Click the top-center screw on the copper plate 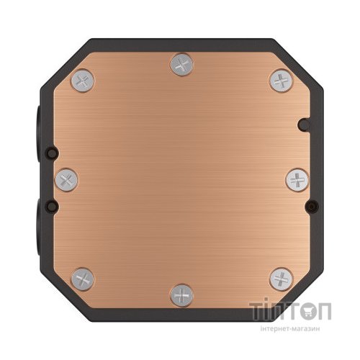pyautogui.click(x=180, y=66)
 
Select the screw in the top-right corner pyautogui.click(x=279, y=80)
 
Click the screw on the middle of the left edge pyautogui.click(x=66, y=179)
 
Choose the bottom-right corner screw pyautogui.click(x=279, y=279)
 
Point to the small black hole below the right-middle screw pyautogui.click(x=310, y=206)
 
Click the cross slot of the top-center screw pyautogui.click(x=180, y=66)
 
